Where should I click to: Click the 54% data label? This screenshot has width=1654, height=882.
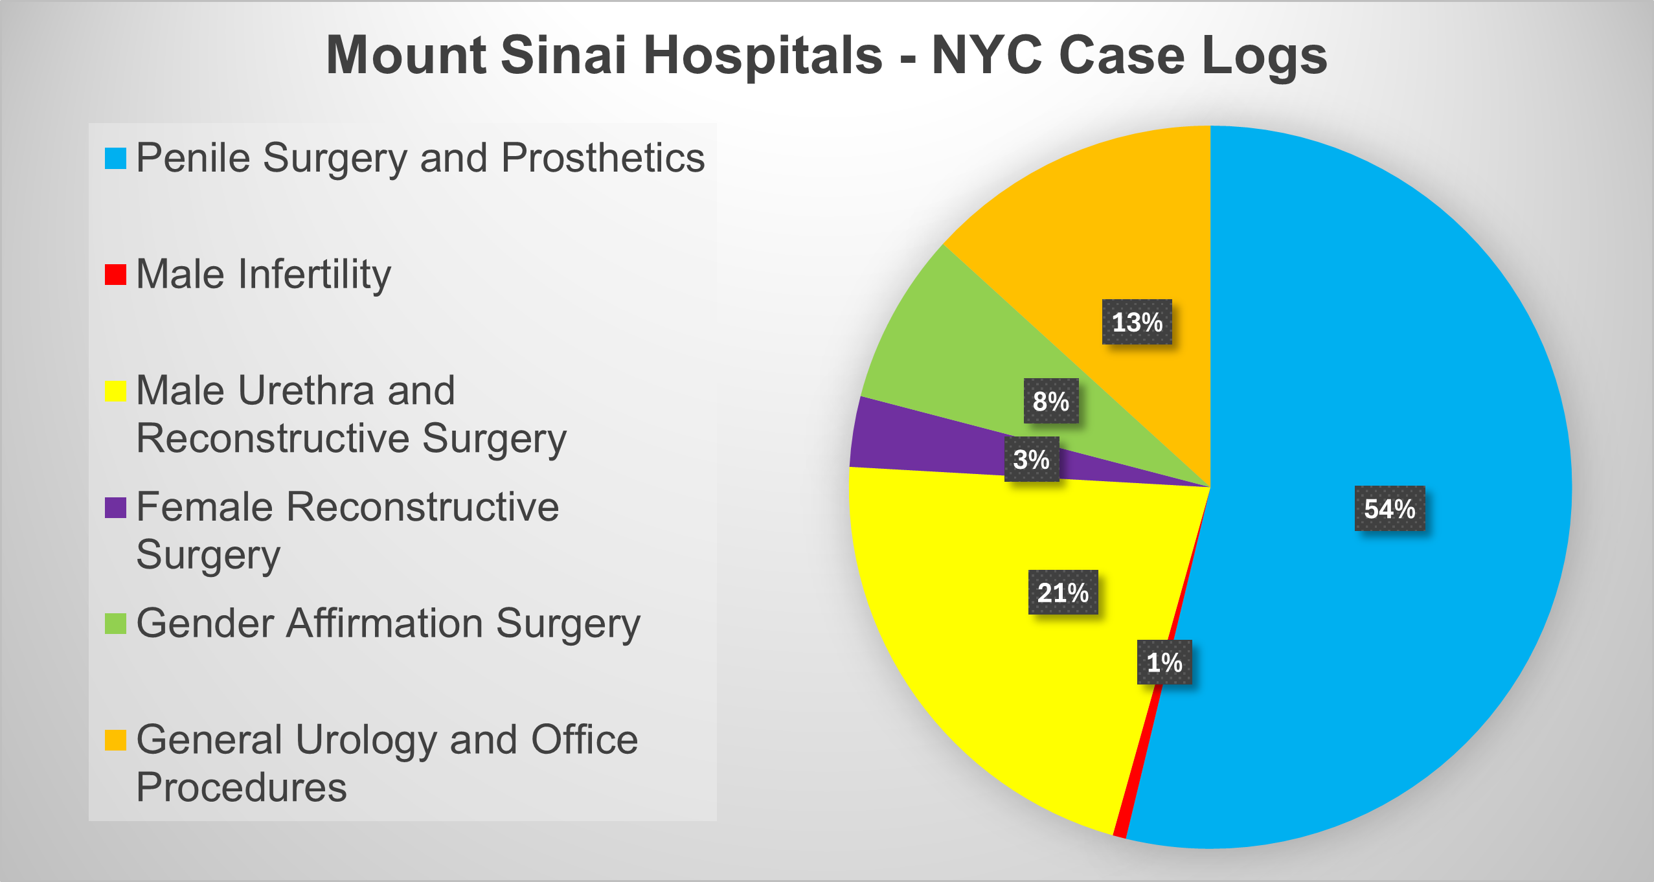click(x=1390, y=508)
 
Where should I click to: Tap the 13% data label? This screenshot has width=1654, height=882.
click(x=1137, y=322)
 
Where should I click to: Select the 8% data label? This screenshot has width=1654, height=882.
click(x=1051, y=401)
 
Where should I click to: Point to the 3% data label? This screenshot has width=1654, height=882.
click(x=1032, y=459)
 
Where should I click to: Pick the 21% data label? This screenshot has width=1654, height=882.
click(x=1063, y=593)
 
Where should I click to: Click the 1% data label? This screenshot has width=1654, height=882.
click(x=1164, y=662)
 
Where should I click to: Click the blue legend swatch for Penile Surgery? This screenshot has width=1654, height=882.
click(x=115, y=159)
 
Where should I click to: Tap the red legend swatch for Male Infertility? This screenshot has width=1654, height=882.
click(x=115, y=275)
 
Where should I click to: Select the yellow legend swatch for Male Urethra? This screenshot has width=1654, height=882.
click(x=115, y=391)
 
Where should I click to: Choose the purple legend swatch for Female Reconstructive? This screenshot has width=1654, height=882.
click(x=115, y=508)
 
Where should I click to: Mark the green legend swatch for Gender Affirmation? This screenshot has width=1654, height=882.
click(x=115, y=624)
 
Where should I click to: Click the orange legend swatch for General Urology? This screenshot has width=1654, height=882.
click(x=115, y=740)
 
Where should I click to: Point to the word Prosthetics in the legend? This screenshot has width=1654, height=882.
click(x=603, y=158)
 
